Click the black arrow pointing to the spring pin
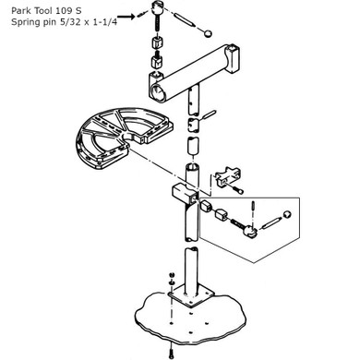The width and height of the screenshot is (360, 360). pos(126,17)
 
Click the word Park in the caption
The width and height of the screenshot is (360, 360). pos(20,11)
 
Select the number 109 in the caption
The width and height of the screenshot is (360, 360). pos(63,11)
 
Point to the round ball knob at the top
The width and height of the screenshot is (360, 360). pos(208,33)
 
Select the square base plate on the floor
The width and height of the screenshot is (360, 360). pos(191,296)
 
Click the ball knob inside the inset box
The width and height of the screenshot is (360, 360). pos(287,214)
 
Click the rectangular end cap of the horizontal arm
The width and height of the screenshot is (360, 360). pos(233,59)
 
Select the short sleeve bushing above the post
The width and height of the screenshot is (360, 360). pos(193,147)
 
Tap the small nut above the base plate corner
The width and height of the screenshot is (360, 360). pos(172,275)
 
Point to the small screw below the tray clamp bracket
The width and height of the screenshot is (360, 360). pos(238,190)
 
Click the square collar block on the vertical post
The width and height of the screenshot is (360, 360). pos(184,193)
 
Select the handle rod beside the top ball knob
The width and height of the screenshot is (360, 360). pos(184,18)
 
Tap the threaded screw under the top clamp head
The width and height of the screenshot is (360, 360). pos(157,26)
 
